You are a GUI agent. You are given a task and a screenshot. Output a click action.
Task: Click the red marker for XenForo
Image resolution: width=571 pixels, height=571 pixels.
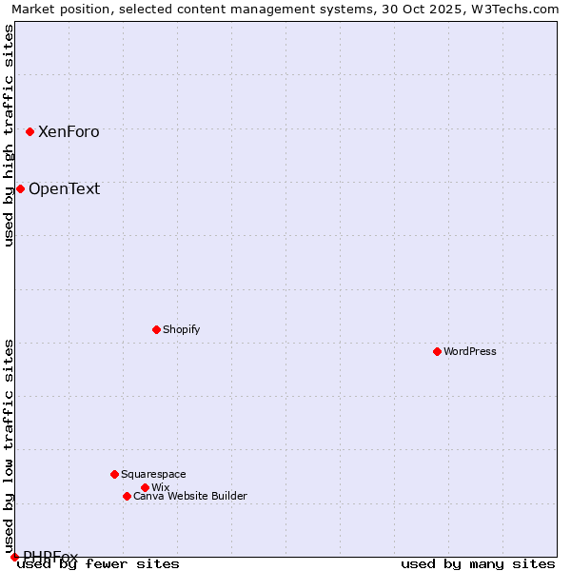(30, 131)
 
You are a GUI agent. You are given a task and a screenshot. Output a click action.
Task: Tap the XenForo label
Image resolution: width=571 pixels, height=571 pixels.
(69, 132)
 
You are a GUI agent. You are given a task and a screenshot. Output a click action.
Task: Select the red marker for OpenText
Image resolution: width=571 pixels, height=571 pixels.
(20, 188)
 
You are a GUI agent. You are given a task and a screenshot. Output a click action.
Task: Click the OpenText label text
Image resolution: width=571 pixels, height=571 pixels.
(64, 188)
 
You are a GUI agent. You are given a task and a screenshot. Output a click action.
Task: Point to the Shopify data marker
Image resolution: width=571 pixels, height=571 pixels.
(156, 329)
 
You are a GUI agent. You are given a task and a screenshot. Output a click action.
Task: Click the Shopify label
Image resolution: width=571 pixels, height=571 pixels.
(181, 329)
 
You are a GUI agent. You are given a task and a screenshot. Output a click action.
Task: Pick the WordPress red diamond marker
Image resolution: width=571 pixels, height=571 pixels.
(437, 351)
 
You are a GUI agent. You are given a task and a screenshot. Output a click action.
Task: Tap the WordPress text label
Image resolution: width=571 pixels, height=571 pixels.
(470, 351)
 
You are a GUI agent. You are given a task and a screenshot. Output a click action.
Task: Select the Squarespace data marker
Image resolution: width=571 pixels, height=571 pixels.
(114, 474)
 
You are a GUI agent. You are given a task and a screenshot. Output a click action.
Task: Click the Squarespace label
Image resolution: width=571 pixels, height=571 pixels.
(153, 474)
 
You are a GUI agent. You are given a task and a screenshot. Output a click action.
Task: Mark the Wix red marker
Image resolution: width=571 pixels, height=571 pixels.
(145, 487)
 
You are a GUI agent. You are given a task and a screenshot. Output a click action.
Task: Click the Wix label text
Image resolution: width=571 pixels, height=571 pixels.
(160, 487)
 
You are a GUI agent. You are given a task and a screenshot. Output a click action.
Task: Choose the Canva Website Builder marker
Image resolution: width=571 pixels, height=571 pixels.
(127, 496)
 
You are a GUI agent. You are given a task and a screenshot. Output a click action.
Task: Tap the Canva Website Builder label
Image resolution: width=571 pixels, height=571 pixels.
(190, 496)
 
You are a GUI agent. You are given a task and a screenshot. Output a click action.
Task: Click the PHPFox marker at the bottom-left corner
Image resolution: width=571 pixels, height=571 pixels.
(14, 557)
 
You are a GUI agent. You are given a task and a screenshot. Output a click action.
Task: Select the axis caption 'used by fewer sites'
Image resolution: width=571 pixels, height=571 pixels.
(98, 563)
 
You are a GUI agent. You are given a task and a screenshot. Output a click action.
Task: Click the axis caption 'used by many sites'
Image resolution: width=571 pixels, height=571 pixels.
(478, 563)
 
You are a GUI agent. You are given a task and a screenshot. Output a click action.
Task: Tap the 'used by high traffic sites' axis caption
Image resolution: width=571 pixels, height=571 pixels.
(9, 135)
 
